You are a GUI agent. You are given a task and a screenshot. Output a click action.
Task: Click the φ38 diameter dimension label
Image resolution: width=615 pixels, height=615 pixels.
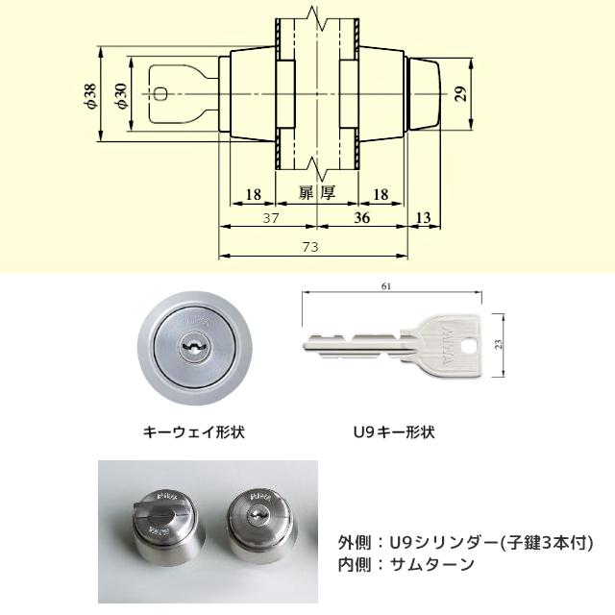click(x=90, y=96)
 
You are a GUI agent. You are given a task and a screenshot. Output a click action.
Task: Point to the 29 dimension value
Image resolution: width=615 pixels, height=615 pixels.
click(x=461, y=93)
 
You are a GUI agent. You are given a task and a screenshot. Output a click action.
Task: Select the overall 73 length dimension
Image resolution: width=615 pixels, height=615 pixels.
click(x=309, y=247)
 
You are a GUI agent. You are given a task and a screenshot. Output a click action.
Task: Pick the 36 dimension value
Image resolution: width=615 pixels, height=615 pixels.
click(x=362, y=218)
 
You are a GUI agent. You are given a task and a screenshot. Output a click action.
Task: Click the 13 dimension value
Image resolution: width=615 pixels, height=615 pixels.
click(x=423, y=218)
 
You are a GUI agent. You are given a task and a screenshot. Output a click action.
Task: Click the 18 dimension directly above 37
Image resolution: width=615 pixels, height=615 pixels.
click(x=254, y=194)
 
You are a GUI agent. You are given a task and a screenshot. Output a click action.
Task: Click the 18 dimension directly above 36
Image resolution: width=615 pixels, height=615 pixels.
click(x=380, y=194)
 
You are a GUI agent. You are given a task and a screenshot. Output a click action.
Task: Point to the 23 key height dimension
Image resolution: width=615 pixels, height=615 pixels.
click(x=499, y=343)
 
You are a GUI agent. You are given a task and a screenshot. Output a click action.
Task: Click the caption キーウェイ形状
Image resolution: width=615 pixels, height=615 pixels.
click(x=194, y=432)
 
